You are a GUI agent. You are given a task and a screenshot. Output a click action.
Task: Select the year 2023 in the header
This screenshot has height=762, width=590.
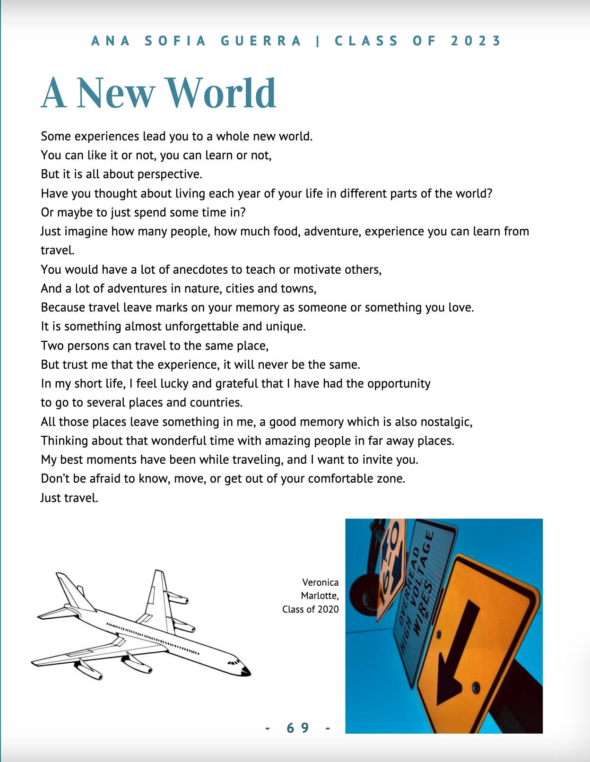pyautogui.click(x=476, y=41)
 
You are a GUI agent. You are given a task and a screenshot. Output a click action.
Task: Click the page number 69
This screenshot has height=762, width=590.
pyautogui.click(x=298, y=728)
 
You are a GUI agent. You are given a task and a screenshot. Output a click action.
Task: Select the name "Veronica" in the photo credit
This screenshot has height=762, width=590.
pyautogui.click(x=321, y=582)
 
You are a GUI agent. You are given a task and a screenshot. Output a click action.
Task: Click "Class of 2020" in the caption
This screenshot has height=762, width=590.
pyautogui.click(x=311, y=609)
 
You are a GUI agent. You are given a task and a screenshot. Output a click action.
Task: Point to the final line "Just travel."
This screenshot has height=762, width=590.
pyautogui.click(x=69, y=498)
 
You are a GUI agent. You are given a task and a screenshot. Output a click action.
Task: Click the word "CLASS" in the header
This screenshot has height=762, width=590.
pyautogui.click(x=367, y=41)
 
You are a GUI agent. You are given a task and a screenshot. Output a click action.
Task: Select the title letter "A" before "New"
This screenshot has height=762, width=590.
pyautogui.click(x=53, y=93)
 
